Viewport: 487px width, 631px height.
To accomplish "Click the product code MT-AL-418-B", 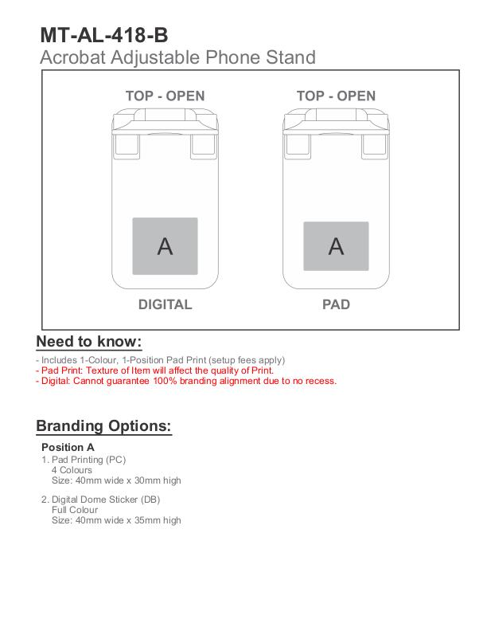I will [104, 36].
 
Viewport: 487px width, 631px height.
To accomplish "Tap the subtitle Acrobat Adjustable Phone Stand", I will [177, 57].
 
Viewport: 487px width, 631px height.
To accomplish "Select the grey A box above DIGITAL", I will [165, 245].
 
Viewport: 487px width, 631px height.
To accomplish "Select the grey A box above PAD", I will [336, 246].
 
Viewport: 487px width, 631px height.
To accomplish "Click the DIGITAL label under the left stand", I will [165, 304].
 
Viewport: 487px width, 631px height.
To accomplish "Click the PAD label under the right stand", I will [336, 304].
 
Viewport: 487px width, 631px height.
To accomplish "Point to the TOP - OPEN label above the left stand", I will [165, 96].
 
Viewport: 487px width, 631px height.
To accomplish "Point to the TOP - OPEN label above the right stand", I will [336, 96].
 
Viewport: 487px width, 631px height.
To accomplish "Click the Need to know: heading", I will [89, 342].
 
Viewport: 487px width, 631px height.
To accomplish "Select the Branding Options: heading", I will [103, 425].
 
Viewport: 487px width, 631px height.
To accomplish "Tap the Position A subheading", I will [68, 447].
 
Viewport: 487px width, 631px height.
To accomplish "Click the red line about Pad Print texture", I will [155, 370].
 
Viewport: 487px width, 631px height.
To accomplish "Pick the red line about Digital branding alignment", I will [186, 381].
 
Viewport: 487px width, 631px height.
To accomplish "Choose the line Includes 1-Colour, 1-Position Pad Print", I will [161, 360].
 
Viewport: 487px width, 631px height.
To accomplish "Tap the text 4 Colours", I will [72, 470].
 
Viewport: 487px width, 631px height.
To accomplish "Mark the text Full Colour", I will [75, 510].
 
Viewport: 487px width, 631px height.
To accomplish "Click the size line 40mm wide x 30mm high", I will [116, 480].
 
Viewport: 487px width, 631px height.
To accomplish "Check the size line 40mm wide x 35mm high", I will [116, 520].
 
